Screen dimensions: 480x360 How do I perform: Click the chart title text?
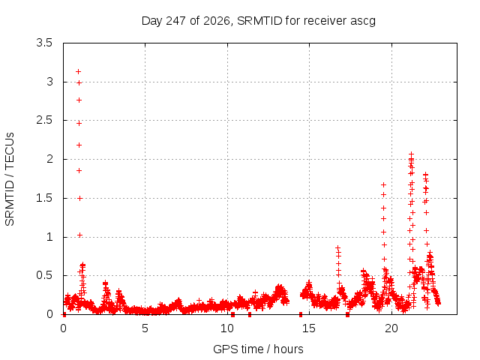point(258,21)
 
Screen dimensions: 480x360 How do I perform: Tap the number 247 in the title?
point(175,21)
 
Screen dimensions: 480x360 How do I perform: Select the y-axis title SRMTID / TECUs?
point(10,179)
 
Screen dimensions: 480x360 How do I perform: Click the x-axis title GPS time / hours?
point(258,349)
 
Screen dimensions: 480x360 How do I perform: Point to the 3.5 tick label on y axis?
point(44,43)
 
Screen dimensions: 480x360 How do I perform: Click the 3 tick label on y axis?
point(49,82)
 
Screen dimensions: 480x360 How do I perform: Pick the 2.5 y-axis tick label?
point(44,120)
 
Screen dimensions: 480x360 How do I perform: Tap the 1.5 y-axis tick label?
point(44,198)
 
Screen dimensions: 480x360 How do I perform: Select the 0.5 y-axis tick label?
point(44,275)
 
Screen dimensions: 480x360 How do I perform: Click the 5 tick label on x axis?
point(145,328)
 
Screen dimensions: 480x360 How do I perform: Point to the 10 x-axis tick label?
point(227,328)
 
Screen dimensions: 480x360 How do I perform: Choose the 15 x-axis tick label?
point(309,328)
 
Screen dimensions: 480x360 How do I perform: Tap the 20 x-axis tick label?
point(391,328)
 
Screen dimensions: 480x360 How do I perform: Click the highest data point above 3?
point(78,72)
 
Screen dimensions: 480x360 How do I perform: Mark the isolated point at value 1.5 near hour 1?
point(80,198)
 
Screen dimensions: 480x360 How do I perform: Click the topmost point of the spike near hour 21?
point(412,154)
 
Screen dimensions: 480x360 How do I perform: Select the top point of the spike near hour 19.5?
point(383,185)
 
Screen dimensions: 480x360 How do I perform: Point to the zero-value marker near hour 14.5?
point(301,314)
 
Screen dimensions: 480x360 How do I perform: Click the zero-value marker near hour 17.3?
point(347,314)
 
